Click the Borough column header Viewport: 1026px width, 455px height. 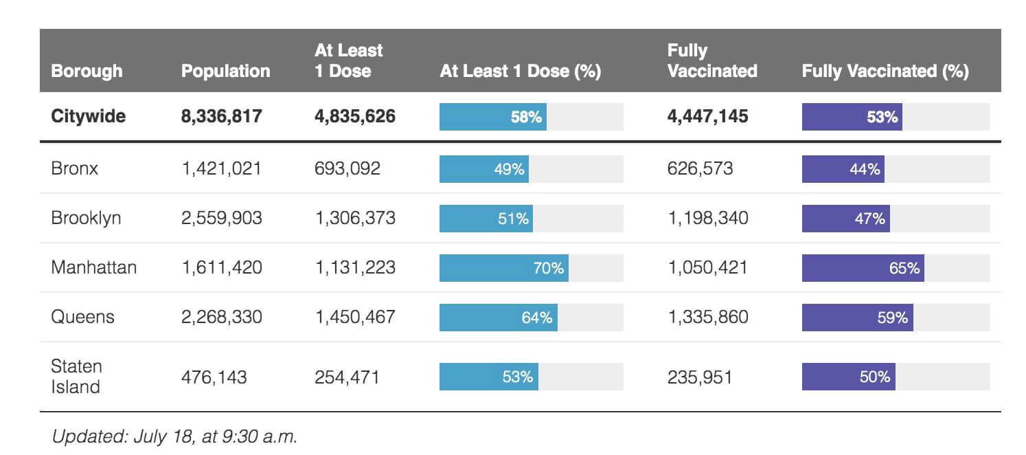(x=87, y=71)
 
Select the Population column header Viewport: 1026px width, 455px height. (x=225, y=71)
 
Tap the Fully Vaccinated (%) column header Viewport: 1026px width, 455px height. (x=885, y=71)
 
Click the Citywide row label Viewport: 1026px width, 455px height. (x=88, y=116)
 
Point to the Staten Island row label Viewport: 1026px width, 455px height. (x=76, y=376)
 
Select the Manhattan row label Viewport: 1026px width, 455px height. (x=93, y=267)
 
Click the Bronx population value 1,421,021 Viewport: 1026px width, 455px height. (x=221, y=168)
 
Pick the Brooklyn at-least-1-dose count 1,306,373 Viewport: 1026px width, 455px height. (x=354, y=218)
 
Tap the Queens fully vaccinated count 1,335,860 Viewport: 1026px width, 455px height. (x=707, y=317)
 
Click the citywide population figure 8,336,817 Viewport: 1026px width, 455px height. (x=221, y=116)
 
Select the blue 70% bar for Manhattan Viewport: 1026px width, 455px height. (x=503, y=268)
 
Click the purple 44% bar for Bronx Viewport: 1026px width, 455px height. (x=843, y=169)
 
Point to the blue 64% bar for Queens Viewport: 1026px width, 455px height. (x=498, y=318)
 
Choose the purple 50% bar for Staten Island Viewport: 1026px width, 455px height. (x=848, y=377)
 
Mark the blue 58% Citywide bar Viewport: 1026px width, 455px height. (x=492, y=117)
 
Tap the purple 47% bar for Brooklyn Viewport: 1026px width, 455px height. (x=845, y=219)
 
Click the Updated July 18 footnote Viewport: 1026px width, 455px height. (x=174, y=436)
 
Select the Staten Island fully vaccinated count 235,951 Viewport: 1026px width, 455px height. (x=699, y=377)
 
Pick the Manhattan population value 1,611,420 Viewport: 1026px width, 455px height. (x=221, y=267)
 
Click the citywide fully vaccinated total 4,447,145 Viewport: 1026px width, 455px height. (x=707, y=116)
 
